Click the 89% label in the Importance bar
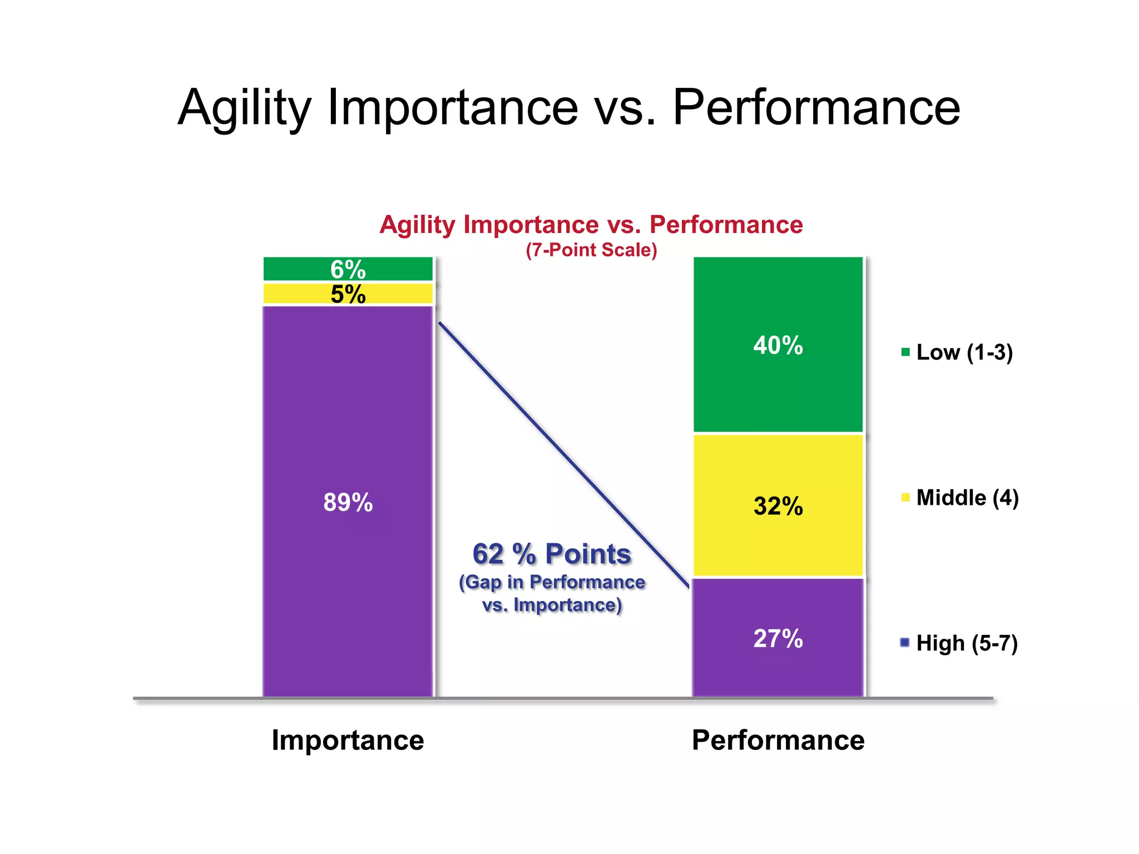point(348,503)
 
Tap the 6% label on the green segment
point(348,270)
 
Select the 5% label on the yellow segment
point(348,294)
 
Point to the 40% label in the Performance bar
point(778,345)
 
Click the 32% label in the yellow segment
point(778,506)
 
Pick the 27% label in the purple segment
point(778,638)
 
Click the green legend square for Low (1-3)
point(905,352)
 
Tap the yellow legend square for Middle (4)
point(905,498)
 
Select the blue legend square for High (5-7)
point(905,643)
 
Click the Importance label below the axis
point(348,740)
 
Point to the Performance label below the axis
point(778,740)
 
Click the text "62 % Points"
point(552,554)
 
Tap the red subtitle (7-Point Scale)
point(591,250)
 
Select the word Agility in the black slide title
point(245,108)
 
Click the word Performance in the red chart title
point(726,225)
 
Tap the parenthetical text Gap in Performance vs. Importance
point(552,593)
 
